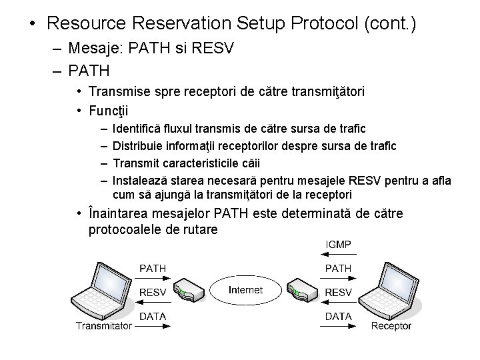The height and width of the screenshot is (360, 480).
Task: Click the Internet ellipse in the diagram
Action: tap(245, 291)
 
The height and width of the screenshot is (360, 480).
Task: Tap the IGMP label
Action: tap(338, 245)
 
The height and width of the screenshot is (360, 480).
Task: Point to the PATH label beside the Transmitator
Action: tap(153, 268)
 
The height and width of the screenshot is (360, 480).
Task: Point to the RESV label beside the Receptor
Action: tap(338, 292)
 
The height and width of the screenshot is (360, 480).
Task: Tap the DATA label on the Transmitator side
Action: tap(153, 315)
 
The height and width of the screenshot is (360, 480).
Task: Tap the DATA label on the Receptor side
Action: tap(338, 315)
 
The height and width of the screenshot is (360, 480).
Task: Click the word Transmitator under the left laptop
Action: tap(103, 326)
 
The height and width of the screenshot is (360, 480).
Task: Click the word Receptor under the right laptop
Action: tap(391, 326)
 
